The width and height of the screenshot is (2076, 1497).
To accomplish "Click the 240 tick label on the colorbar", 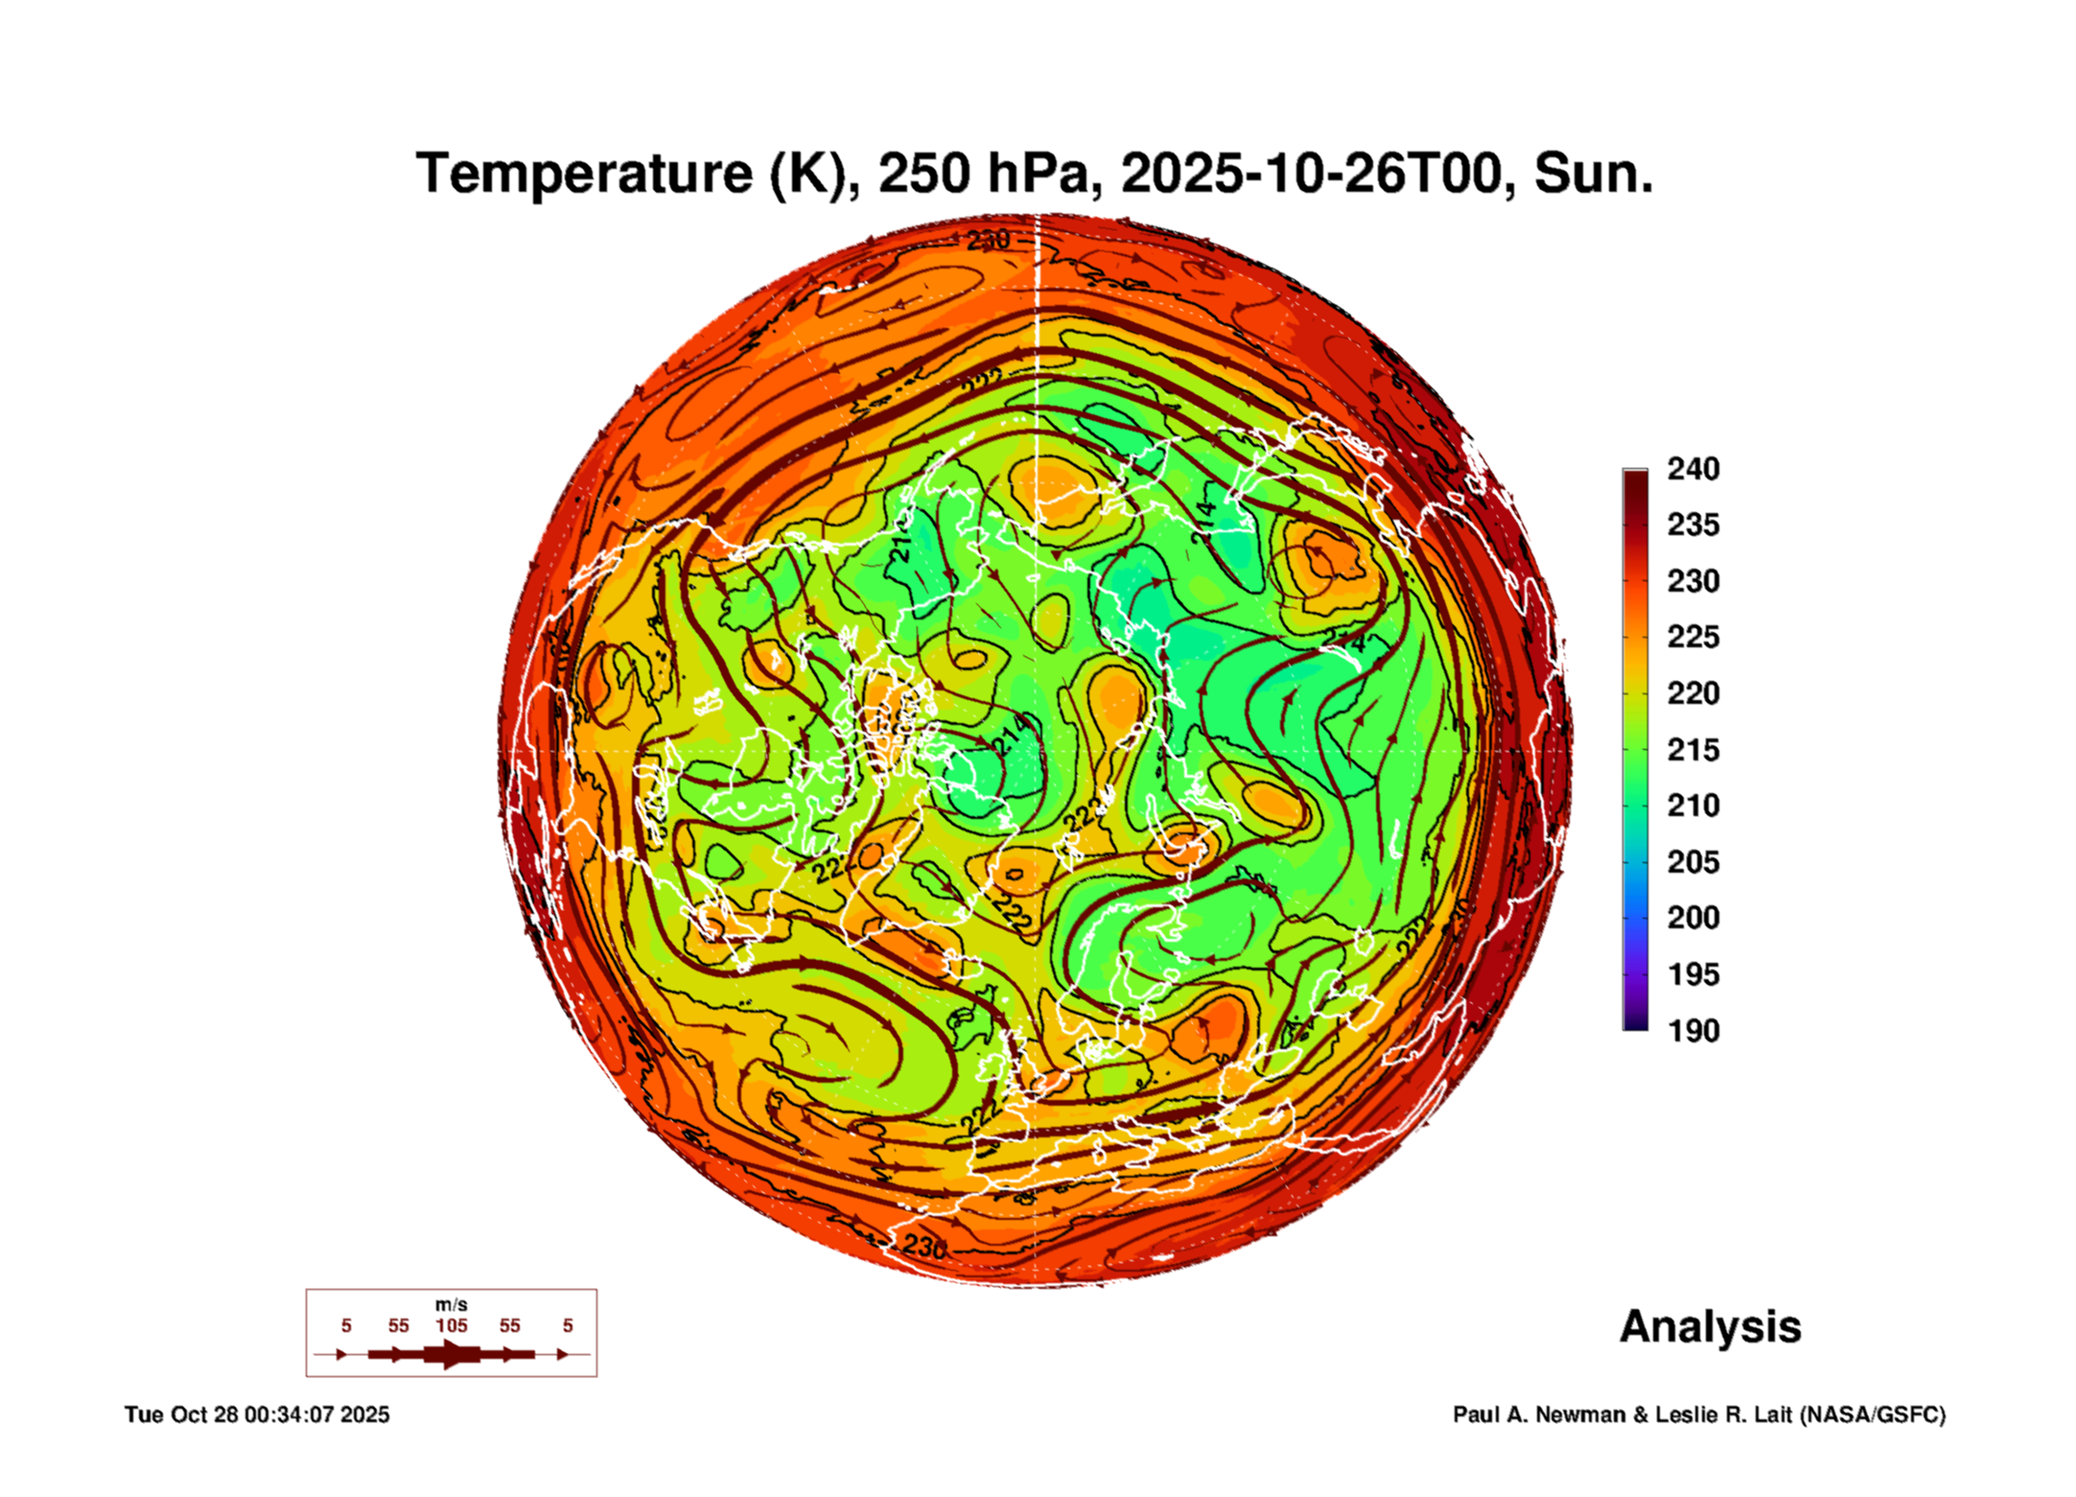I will tap(1692, 469).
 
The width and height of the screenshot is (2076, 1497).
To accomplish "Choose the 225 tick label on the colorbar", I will tap(1692, 637).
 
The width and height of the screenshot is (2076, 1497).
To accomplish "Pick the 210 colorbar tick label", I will tap(1692, 806).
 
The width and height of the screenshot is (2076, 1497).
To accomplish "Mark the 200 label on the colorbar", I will tap(1692, 918).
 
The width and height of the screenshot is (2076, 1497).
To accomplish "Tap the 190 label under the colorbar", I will tap(1692, 1031).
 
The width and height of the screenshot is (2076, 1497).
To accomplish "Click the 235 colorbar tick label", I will tap(1692, 525).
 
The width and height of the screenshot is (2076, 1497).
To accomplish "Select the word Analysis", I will tap(1710, 1327).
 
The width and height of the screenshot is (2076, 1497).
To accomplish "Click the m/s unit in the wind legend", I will tap(451, 1304).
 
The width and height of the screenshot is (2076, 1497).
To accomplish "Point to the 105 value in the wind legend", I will tap(451, 1325).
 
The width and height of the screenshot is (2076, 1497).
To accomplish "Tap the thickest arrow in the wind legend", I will tap(451, 1354).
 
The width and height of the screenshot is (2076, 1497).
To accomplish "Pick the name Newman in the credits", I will tap(1580, 1415).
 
